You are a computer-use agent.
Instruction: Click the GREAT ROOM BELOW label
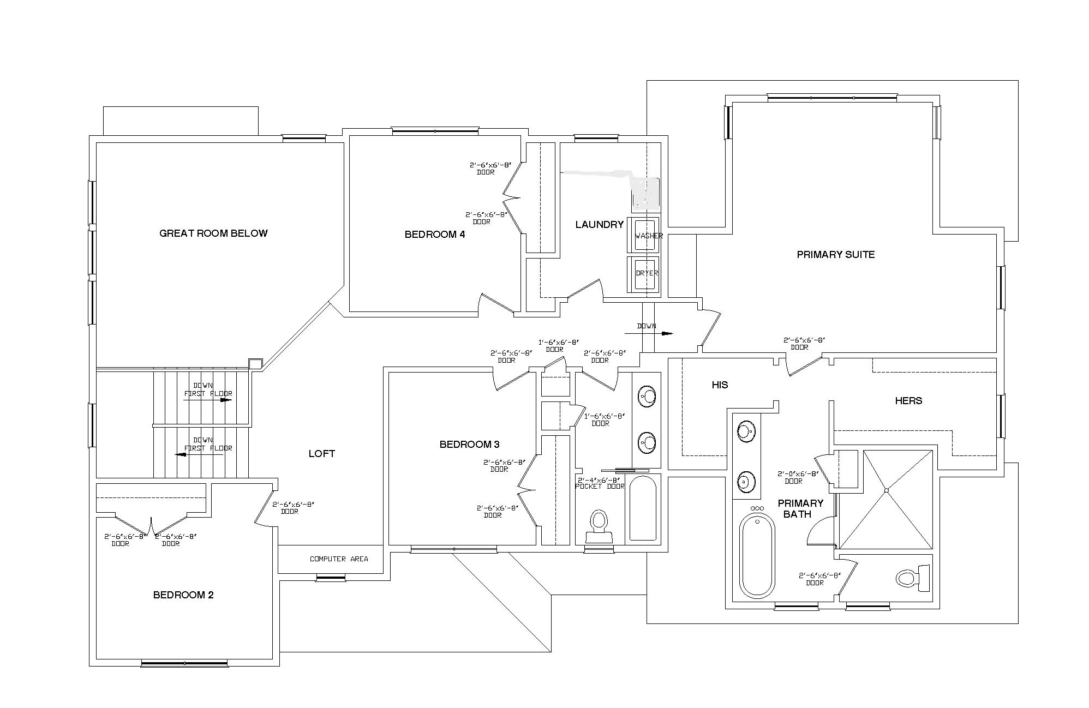[213, 233]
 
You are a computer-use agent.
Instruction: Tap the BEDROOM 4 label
[435, 235]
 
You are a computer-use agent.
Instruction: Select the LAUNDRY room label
[599, 225]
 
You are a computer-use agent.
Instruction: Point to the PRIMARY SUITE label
[835, 255]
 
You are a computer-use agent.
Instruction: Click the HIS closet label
[720, 385]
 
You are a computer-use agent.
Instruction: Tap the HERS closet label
[908, 401]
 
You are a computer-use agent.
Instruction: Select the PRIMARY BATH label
[800, 508]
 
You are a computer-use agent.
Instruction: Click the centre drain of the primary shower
[887, 491]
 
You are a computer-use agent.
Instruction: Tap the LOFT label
[322, 454]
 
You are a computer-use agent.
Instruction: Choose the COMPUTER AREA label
[339, 559]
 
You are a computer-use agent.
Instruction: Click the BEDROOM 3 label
[469, 445]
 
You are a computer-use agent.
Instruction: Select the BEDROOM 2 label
[183, 595]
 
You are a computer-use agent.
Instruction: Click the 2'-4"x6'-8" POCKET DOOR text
[600, 483]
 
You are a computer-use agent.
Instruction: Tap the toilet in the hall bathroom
[599, 525]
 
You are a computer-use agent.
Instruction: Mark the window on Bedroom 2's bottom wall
[184, 663]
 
